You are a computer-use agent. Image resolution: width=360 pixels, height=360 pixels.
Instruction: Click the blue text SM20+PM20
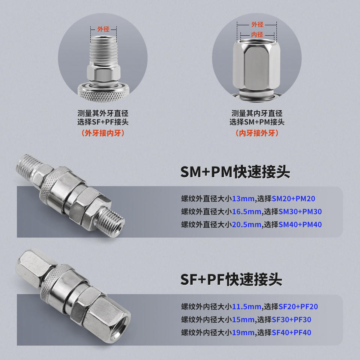pos(293,199)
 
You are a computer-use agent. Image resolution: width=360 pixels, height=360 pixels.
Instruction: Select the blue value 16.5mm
pos(247,211)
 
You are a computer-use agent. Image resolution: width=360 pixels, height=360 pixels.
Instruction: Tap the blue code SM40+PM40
pos(300,225)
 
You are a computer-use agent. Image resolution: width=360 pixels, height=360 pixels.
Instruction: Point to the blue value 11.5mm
pos(247,307)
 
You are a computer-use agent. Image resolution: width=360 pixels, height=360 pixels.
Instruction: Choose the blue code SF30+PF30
pos(291,319)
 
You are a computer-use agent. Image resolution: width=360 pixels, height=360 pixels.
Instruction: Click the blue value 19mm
pos(243,333)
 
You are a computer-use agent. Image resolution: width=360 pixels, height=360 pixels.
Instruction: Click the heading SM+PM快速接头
pos(235,172)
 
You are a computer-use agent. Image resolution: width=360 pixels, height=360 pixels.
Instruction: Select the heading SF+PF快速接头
pos(231,279)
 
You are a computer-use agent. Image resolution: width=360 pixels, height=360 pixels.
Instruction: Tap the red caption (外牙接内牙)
pos(103,133)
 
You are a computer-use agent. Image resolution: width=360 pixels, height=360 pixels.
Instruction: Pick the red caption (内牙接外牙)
pos(257,133)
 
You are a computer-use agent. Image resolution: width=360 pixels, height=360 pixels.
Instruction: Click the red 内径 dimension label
pos(257,34)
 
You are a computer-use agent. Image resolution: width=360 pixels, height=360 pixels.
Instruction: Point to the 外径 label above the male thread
pos(103,29)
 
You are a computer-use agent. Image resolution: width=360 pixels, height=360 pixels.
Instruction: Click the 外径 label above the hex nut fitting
pos(257,24)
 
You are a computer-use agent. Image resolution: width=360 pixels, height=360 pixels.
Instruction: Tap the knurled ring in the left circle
pos(103,93)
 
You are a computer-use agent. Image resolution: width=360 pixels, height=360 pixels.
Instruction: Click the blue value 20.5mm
pos(247,225)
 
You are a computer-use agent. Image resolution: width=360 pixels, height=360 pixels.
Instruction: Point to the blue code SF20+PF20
pos(298,307)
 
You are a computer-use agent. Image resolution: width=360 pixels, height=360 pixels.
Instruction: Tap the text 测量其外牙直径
pos(103,113)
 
